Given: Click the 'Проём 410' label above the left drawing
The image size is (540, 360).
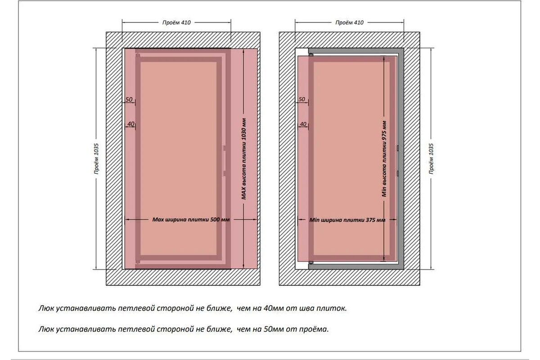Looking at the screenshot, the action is [x=176, y=22].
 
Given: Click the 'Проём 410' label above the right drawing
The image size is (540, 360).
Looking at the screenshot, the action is [x=349, y=22].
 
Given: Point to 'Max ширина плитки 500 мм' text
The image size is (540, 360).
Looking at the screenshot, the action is [x=191, y=220].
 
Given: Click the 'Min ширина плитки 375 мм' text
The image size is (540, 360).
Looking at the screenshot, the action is [x=348, y=220].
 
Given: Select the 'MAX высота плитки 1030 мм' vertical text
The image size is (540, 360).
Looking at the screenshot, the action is [x=244, y=159].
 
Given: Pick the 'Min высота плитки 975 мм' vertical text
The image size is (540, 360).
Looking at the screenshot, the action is [x=384, y=159].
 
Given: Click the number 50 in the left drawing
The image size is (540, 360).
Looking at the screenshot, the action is [x=129, y=99].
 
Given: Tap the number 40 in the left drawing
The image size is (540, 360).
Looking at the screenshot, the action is [x=130, y=124].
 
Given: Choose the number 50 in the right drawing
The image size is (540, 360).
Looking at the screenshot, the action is [x=301, y=99].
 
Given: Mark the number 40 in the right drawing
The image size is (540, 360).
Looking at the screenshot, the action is [x=303, y=124].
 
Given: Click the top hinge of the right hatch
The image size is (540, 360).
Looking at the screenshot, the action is [x=311, y=54].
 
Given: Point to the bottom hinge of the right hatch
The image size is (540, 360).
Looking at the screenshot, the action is [x=311, y=262].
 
